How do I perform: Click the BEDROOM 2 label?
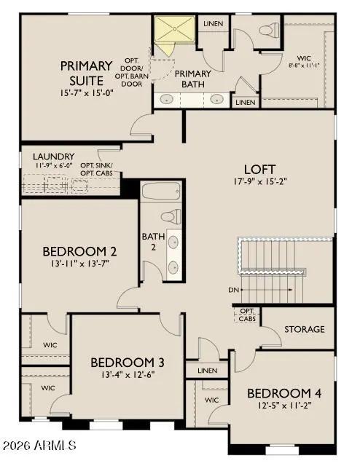(x=79, y=252)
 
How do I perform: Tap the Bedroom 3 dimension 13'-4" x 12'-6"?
(x=127, y=375)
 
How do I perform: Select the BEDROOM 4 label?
(x=284, y=393)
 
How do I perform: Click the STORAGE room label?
(x=304, y=329)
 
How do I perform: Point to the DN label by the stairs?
(x=233, y=290)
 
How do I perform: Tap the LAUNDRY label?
(x=53, y=156)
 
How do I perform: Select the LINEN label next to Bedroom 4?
(x=207, y=371)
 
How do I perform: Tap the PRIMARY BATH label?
(x=192, y=79)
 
